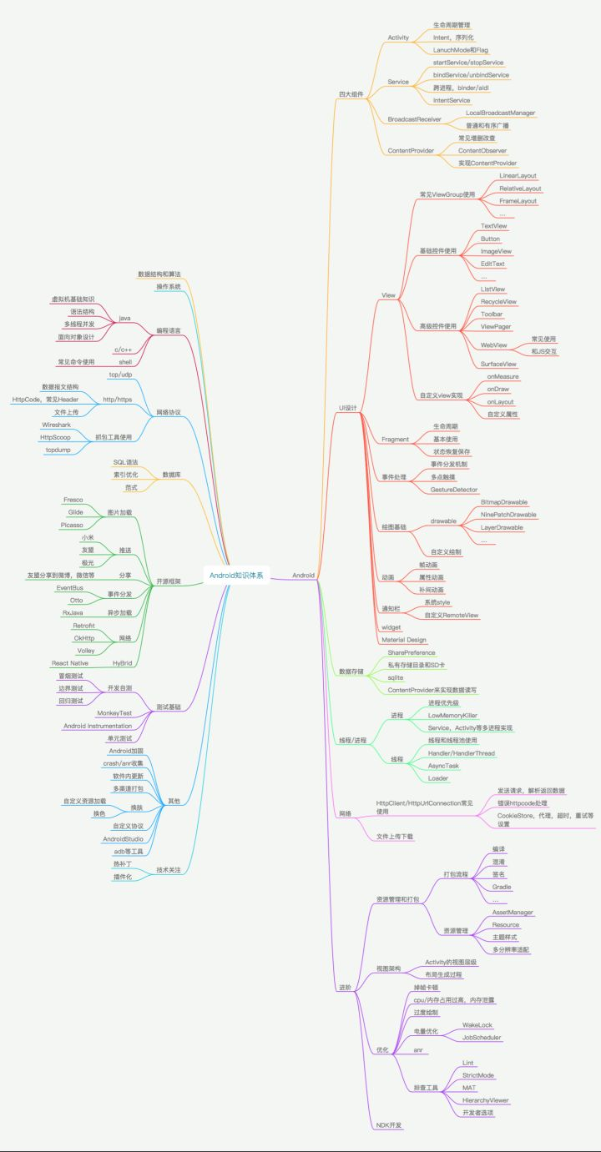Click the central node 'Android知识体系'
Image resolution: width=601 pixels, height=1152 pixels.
tap(236, 575)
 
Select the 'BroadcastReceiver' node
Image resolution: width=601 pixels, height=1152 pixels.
tap(415, 119)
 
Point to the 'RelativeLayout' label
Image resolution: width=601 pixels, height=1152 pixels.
tap(520, 189)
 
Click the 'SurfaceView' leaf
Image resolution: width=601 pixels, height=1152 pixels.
tap(497, 364)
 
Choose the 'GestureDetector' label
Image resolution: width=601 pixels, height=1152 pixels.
tap(454, 489)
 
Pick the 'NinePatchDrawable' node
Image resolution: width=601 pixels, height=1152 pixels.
tap(508, 515)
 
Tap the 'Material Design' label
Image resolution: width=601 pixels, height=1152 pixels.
tap(404, 639)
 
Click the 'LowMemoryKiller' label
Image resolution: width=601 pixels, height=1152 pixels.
tap(453, 715)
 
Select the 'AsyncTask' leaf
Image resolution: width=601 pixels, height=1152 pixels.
tap(443, 765)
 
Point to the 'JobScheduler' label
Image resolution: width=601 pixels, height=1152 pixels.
tap(482, 1037)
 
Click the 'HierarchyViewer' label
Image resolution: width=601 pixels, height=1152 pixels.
tap(485, 1100)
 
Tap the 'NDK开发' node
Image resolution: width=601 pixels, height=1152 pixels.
tap(388, 1124)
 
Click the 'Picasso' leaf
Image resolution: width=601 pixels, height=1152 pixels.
tap(71, 525)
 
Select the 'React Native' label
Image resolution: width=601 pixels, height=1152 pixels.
tap(69, 662)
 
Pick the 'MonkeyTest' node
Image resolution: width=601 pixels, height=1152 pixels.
tap(114, 713)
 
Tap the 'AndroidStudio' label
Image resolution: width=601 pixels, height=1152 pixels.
tap(124, 838)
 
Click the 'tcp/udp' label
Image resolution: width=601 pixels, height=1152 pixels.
tap(120, 375)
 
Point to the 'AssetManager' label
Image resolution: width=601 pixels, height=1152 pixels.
tap(513, 912)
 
